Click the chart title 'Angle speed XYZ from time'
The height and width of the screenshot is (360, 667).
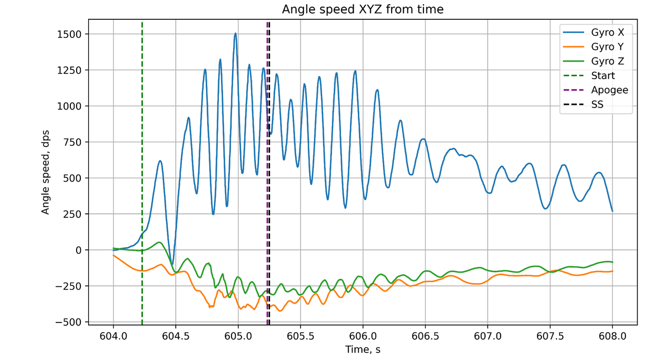point(362,9)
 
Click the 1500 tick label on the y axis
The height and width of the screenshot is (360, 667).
point(70,34)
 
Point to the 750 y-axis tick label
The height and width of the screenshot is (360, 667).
point(73,142)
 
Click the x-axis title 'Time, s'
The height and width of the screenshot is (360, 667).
point(362,350)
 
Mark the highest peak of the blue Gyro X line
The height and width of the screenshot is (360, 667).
point(235,33)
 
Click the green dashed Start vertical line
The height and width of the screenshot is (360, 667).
point(142,157)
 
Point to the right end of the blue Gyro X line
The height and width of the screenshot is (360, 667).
point(612,211)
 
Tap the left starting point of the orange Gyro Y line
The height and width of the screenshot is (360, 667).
point(114,255)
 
